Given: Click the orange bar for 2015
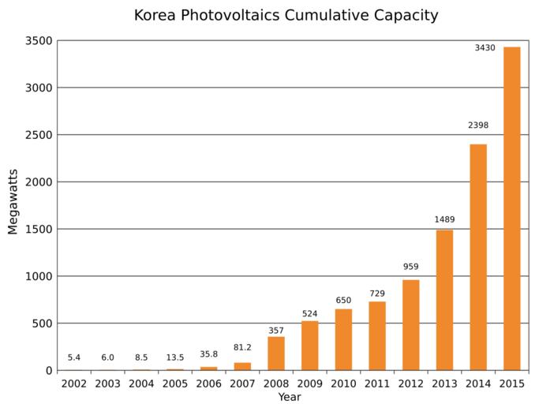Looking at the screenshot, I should [x=511, y=208].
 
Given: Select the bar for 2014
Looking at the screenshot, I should [x=478, y=257].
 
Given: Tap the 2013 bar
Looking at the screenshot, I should [x=444, y=300].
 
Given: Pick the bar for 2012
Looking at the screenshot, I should [x=411, y=325].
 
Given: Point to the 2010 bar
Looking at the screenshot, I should [x=343, y=339].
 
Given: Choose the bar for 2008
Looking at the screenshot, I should [x=276, y=353].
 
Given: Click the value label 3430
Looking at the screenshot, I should [x=485, y=48].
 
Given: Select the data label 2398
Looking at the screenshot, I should [x=478, y=125].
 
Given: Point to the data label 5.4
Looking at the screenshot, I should [x=74, y=357].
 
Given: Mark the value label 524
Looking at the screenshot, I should [x=309, y=314].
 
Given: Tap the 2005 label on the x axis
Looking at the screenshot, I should [x=175, y=383].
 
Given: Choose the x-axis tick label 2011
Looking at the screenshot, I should [x=377, y=383].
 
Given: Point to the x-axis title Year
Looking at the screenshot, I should [x=289, y=397].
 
